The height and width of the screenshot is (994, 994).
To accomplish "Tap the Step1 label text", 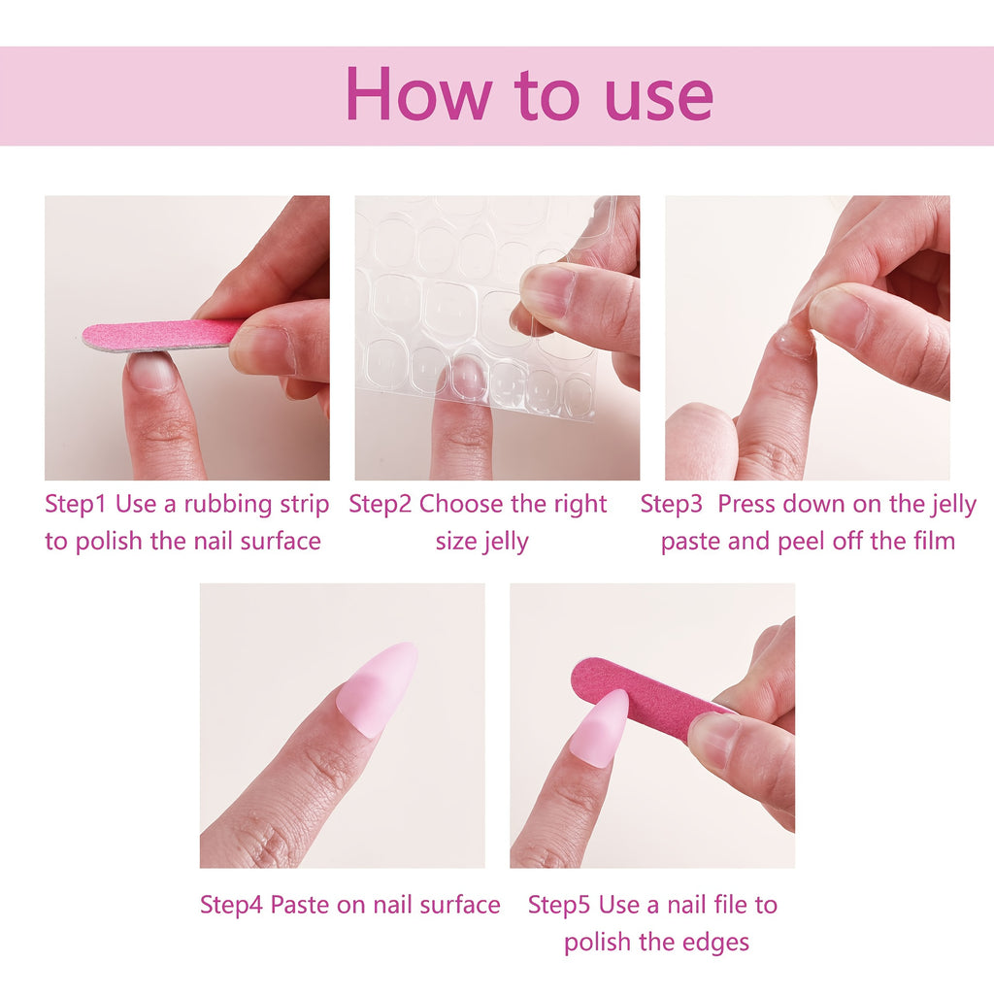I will coord(76,504).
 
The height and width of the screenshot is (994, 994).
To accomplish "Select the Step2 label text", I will coord(380,504).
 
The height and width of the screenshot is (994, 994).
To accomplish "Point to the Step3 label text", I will coord(672,504).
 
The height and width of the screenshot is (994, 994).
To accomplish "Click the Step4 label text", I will coord(231,905).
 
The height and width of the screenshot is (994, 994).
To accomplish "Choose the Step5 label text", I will coord(559,905).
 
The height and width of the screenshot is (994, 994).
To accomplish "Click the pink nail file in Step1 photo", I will coord(160,335).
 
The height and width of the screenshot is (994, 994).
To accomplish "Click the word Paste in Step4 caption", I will coord(299,905).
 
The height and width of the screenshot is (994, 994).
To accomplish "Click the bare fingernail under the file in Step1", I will coord(153,371).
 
